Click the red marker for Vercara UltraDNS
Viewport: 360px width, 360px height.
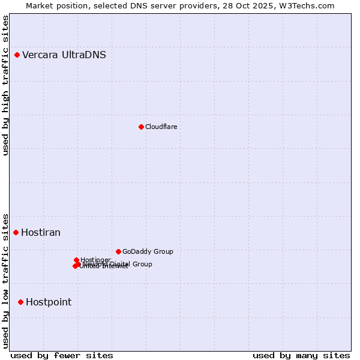(17, 55)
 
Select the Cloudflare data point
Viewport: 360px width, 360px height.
(141, 127)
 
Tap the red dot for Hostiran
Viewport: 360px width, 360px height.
(16, 232)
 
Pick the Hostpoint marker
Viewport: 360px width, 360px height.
(20, 302)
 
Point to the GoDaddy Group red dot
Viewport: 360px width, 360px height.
(118, 251)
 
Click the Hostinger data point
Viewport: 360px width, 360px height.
(76, 260)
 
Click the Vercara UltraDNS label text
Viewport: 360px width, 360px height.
(64, 55)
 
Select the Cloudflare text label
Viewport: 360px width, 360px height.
(161, 127)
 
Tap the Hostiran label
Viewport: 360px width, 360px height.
(41, 233)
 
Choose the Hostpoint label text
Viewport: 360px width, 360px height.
(49, 302)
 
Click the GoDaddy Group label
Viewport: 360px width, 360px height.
(148, 251)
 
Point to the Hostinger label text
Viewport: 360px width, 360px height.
(95, 260)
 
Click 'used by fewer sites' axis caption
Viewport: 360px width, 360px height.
(62, 355)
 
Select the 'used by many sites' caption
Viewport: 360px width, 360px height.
(301, 355)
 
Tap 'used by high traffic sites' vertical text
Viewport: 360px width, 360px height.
(6, 85)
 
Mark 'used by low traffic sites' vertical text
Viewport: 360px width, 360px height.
(6, 281)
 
